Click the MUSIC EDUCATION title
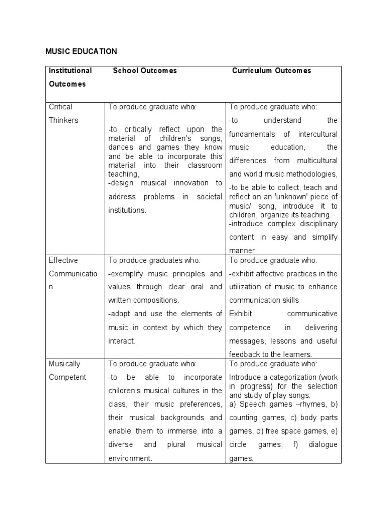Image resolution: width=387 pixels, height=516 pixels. click(x=81, y=51)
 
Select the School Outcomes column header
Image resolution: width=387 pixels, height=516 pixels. click(x=145, y=71)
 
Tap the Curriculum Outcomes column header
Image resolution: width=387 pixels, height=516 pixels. click(x=272, y=71)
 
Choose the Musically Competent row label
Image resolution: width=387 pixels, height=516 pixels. click(x=68, y=370)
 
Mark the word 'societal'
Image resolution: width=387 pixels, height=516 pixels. click(x=207, y=197)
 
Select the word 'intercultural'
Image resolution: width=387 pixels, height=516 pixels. click(x=317, y=134)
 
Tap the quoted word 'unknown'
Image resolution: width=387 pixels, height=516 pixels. click(x=283, y=197)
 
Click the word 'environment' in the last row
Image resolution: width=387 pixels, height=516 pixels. click(x=130, y=458)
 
